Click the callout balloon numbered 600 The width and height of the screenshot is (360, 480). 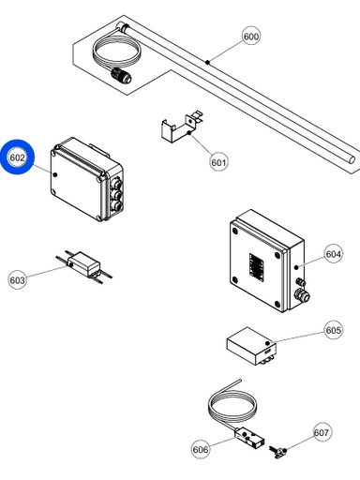coord(251,37)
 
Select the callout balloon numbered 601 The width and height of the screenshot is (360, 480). coord(218,162)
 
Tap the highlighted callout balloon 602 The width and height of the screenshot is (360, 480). coord(17,157)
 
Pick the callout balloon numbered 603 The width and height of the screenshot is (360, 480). coord(17,279)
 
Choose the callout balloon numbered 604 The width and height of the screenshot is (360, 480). coord(333,254)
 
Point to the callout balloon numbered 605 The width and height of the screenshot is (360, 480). coord(333,330)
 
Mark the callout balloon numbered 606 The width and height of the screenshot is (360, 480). coord(201,449)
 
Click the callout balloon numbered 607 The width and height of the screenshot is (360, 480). coord(322,432)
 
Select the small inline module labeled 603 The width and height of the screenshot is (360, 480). coord(83,265)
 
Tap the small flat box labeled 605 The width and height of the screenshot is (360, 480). coord(251,346)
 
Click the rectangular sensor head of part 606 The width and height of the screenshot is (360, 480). coord(249,437)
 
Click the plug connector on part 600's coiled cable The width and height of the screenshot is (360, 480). coord(121,75)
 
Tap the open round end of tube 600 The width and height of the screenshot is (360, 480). coord(352,159)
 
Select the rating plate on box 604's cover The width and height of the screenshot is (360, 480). coord(256,265)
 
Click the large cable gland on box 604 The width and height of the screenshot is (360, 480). coord(303,295)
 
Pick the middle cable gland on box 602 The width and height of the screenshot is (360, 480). coord(116,195)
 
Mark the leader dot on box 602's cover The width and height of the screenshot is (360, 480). coord(55,174)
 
